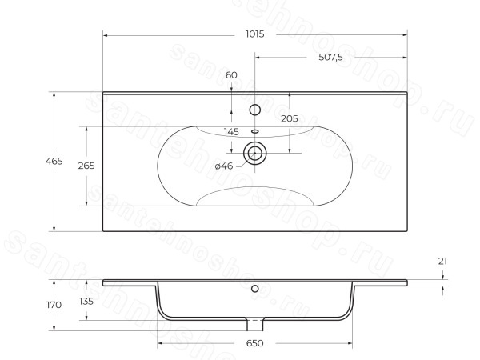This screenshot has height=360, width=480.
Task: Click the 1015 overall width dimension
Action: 254,34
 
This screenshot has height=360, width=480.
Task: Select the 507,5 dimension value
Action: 330,58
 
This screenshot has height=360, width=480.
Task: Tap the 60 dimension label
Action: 231,75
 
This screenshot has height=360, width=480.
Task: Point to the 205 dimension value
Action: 290,118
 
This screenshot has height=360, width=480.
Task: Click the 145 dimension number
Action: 231,132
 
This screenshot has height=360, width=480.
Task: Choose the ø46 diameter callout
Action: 224,166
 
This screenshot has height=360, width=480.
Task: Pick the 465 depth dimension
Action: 54,161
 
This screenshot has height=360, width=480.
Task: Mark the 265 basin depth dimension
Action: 86,166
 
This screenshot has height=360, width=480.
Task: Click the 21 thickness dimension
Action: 442,261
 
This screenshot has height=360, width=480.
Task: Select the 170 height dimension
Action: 54,305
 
